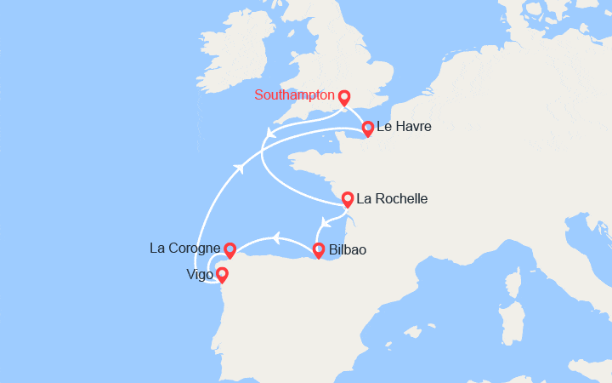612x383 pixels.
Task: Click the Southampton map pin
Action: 344,97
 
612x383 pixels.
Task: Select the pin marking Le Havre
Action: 367,129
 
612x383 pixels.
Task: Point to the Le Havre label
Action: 404,128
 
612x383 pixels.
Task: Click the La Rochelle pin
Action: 348,200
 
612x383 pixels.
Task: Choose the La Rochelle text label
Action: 392,199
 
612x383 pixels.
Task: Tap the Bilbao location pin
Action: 319,250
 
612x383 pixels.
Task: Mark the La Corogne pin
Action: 229,249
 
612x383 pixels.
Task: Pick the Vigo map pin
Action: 222,275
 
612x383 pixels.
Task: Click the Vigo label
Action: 201,275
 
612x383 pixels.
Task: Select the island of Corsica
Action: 514,287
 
